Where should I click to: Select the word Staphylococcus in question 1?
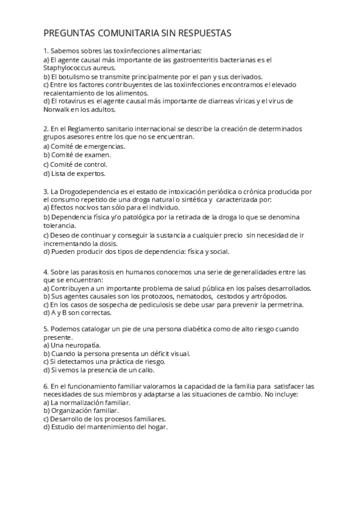click(x=71, y=68)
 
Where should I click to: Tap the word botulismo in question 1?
click(x=78, y=77)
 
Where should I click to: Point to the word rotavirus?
click(x=75, y=101)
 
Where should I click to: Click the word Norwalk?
click(x=57, y=109)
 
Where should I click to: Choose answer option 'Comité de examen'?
click(x=77, y=155)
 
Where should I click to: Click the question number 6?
click(x=46, y=386)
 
